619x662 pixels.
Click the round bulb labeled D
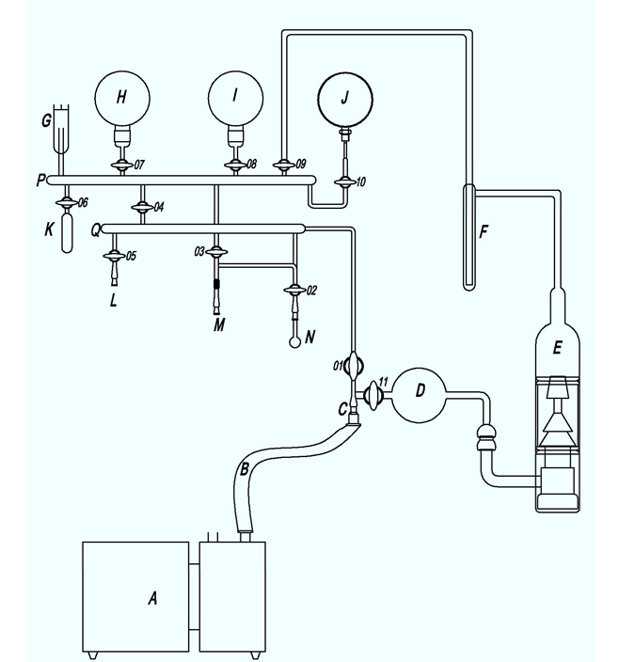[417, 391]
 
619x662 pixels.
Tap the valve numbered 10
[345, 180]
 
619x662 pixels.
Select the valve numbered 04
[142, 206]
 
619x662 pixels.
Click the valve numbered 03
[217, 252]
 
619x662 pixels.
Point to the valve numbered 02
[294, 290]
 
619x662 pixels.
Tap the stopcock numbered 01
[356, 362]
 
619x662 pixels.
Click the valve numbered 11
[373, 391]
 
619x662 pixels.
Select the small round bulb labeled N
[295, 340]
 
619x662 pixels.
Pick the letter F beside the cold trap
[484, 231]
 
